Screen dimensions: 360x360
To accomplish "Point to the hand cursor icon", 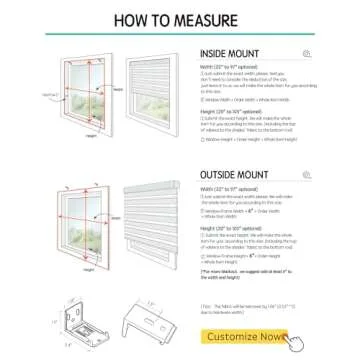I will [x=295, y=341].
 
